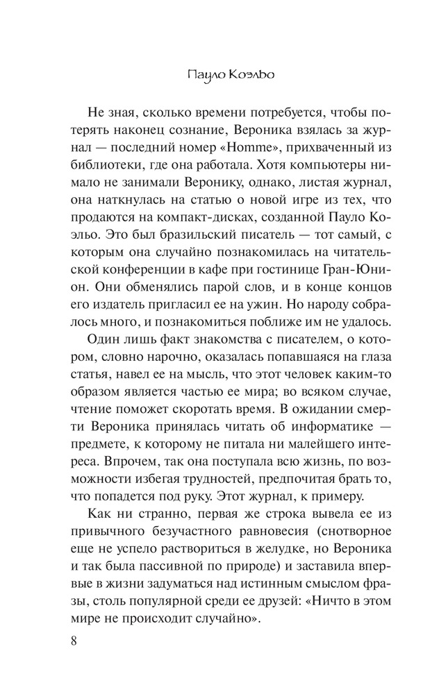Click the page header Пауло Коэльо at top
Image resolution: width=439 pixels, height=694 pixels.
point(219,74)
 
